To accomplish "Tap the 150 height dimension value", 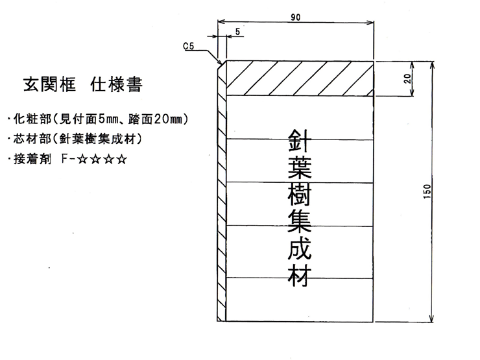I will coord(426,192).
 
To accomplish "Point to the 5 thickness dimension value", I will coord(238,31).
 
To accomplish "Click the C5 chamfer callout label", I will coord(189,47).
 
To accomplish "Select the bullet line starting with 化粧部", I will coord(97,119).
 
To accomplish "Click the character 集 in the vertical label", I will coord(299,224).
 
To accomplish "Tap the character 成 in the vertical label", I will coord(299,250).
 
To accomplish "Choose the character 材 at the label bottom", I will coord(299,277).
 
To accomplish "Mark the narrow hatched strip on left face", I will coord(221,195).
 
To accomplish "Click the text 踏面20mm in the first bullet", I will coord(160,119).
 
